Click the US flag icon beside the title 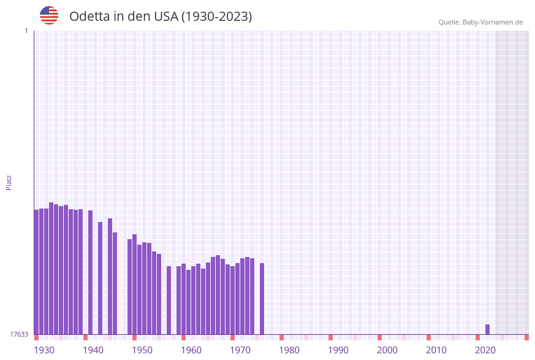tap(49, 15)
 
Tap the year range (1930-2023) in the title tap(216, 17)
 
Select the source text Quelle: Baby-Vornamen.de tap(480, 22)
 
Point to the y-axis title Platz tap(9, 182)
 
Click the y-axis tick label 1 tap(26, 31)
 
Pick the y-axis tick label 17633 tap(19, 334)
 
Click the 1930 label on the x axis tap(44, 350)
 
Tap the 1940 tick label tap(93, 350)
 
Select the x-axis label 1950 tap(142, 350)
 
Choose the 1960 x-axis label tap(191, 350)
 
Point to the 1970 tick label tap(240, 350)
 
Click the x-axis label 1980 tap(289, 350)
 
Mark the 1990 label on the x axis tap(338, 350)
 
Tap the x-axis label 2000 tap(387, 350)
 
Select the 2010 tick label tap(436, 350)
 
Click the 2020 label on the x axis tap(485, 350)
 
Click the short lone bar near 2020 tap(488, 329)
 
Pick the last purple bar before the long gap tap(262, 299)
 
